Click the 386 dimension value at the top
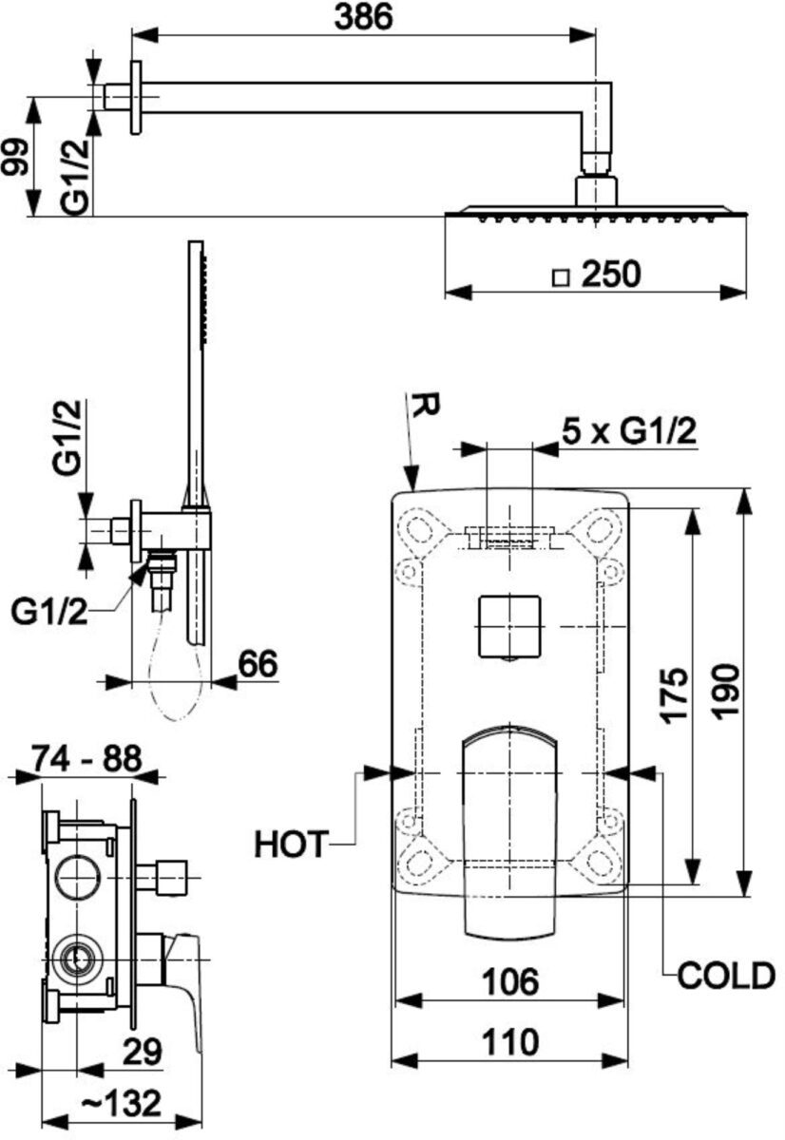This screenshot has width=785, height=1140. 363,17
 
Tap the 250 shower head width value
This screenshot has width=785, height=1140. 610,274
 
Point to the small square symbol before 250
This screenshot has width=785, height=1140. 561,278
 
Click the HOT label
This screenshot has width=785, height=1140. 290,845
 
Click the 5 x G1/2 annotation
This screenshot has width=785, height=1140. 629,433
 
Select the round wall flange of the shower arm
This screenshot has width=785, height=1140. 136,97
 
